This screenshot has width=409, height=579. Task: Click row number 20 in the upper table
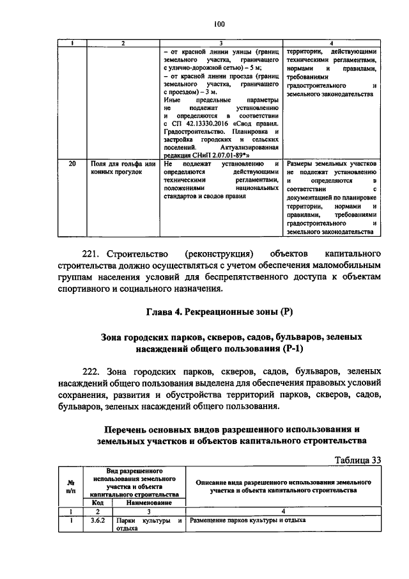point(73,164)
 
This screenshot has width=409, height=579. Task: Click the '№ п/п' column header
point(70,487)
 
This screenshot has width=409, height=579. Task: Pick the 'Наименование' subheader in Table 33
point(148,504)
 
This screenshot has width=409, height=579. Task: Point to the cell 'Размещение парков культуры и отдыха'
point(247,521)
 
